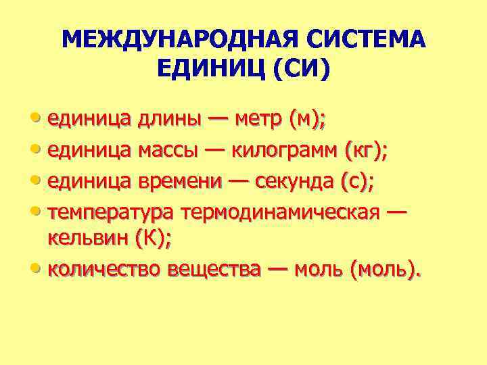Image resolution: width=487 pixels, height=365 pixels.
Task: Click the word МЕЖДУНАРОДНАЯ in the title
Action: point(183,40)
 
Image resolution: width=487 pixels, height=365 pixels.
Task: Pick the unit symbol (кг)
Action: point(365,151)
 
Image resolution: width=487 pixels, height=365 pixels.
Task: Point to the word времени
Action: point(179,182)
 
